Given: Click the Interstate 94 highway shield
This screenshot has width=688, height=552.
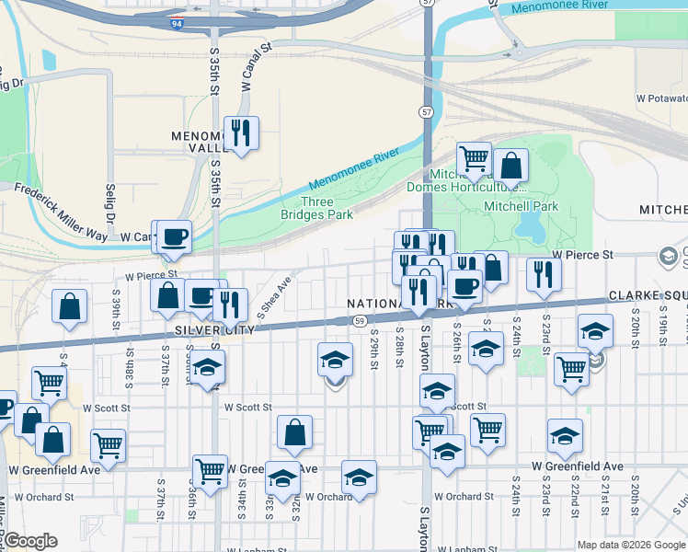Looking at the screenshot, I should point(175,20).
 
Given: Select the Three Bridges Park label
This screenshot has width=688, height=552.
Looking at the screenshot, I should point(317,208).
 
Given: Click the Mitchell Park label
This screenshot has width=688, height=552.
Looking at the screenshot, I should point(522,206).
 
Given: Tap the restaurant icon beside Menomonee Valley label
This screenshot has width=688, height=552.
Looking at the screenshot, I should point(241,132).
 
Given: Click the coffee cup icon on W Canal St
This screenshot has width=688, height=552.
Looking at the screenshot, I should point(173,236).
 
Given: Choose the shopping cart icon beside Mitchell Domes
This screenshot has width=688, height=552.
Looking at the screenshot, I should point(474,158).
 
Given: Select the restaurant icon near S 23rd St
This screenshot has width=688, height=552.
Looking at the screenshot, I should point(544,273).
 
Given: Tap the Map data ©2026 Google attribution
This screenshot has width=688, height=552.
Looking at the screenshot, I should point(631,545).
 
